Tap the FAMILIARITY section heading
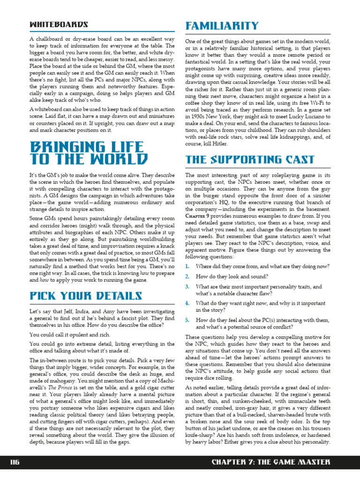click(222, 25)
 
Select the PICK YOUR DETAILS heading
click(85, 296)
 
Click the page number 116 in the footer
click(15, 462)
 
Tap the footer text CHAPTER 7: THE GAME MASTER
click(271, 462)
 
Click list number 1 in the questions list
click(187, 266)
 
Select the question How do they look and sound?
click(232, 277)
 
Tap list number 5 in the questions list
click(187, 320)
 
